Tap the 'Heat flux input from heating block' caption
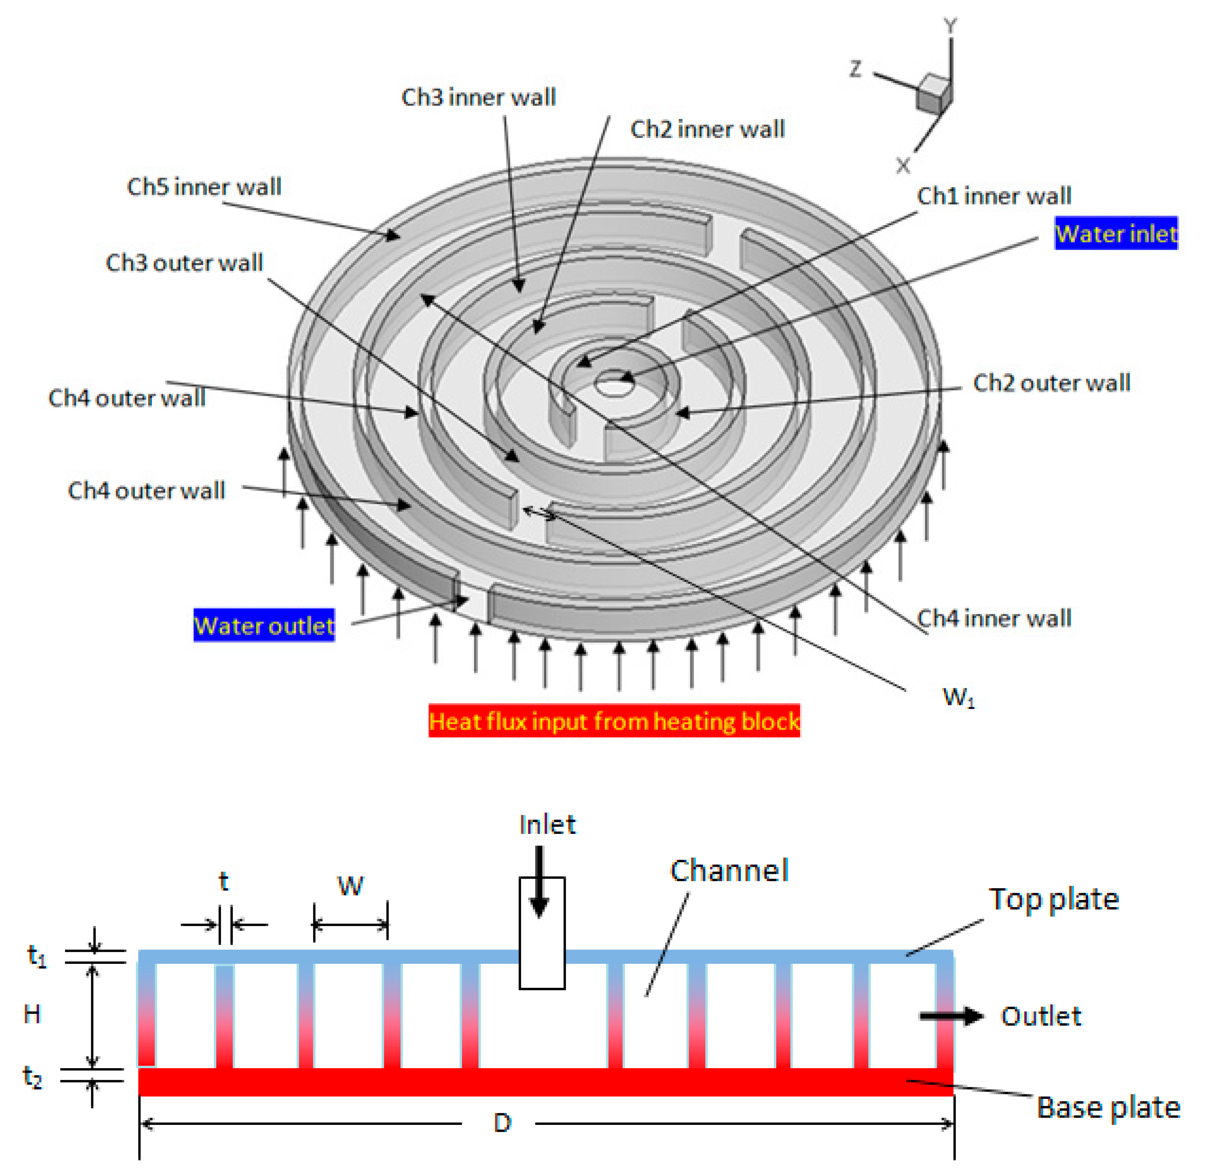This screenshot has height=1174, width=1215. [614, 721]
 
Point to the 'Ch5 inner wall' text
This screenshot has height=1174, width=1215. [204, 187]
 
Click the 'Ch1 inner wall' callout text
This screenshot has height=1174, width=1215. [994, 196]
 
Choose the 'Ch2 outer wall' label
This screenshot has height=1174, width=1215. [1051, 383]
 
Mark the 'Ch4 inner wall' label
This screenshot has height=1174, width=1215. [994, 618]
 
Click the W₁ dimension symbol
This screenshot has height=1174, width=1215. [958, 697]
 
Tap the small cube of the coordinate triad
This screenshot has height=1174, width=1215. [933, 93]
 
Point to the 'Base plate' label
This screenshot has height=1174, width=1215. [1108, 1107]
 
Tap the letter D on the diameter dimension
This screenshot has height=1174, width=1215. [502, 1123]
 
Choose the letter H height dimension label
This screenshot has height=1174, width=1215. [32, 1014]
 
